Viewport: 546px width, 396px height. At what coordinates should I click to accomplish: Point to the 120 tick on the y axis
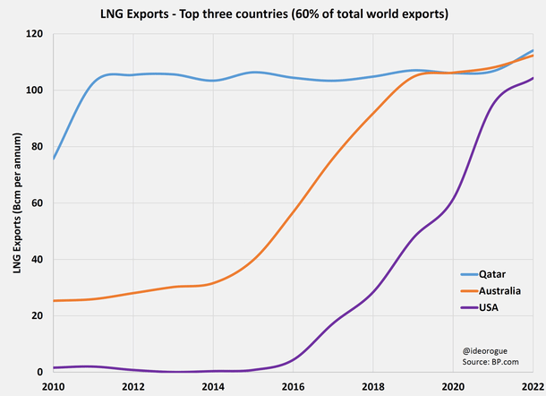[x=35, y=34]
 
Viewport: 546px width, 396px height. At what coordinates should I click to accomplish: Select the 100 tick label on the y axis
[x=35, y=90]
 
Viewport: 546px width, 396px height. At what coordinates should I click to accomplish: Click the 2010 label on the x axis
[x=53, y=386]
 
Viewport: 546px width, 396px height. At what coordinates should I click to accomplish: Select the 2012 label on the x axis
[x=132, y=386]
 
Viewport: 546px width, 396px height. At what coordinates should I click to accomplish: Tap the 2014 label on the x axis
[x=213, y=386]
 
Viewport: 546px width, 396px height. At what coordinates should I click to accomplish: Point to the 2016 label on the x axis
[x=293, y=386]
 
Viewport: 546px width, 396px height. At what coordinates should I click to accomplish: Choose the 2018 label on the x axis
[x=372, y=386]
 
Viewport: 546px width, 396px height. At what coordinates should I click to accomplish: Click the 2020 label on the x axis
[x=453, y=386]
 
